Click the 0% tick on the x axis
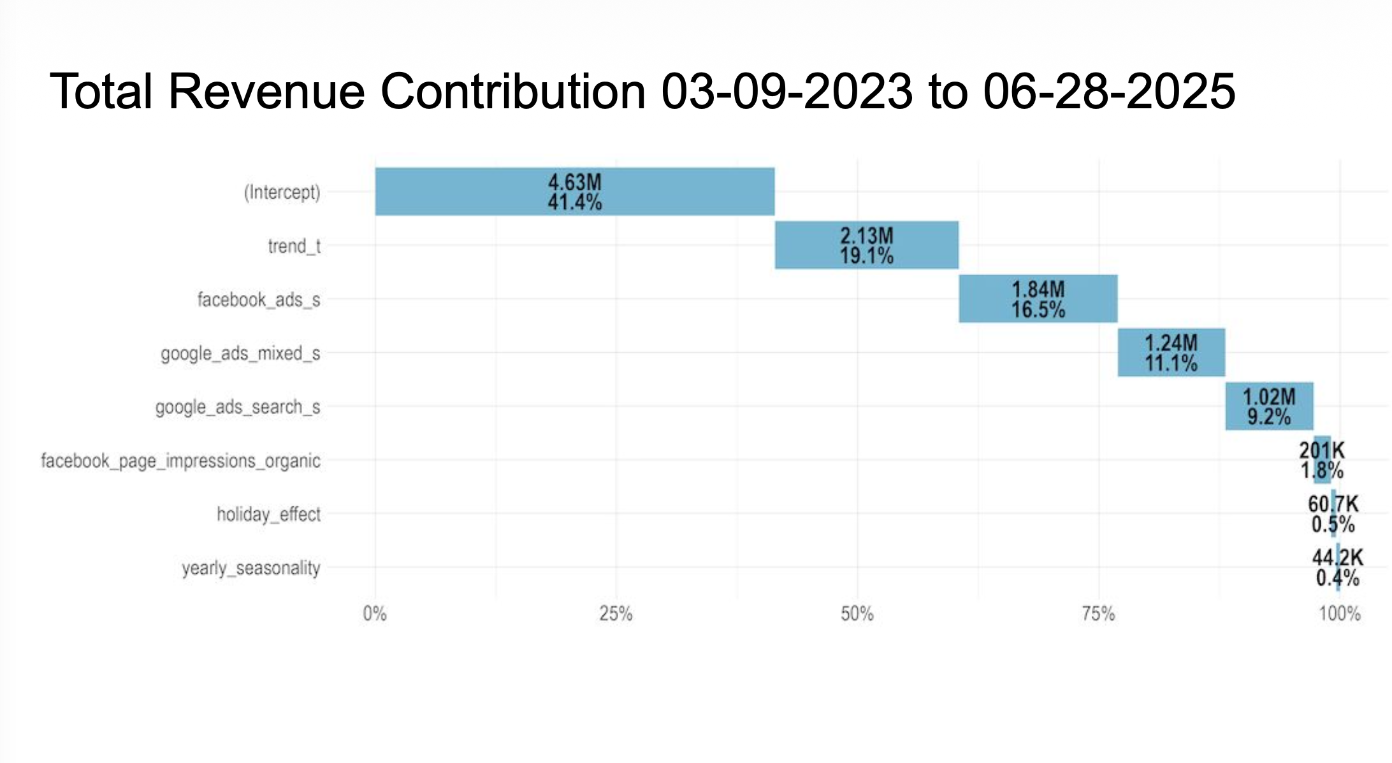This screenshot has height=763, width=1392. pos(375,614)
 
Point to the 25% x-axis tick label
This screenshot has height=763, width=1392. pos(616,614)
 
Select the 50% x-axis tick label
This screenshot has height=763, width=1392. pos(857,614)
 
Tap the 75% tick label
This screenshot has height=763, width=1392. pos(1098,614)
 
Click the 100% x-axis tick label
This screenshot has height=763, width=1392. pos(1340,614)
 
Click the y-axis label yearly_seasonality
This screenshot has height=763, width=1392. pos(251,567)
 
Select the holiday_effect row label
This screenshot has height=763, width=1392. pos(268,514)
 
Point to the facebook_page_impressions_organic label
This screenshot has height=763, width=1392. pos(180,460)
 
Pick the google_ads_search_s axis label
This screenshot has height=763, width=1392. pos(238,407)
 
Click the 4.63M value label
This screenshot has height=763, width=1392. pos(575,182)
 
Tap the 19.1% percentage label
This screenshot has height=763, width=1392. pos(867,256)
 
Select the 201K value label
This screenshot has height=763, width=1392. pos(1322,450)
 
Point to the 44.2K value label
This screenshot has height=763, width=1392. pos(1337,557)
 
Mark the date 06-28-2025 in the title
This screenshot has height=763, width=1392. pos(1109,91)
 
